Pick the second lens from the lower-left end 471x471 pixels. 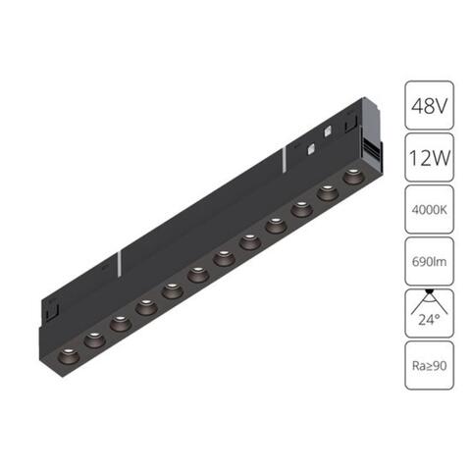tap(94, 338)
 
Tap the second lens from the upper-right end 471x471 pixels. tap(326, 193)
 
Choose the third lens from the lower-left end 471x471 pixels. tap(121, 322)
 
